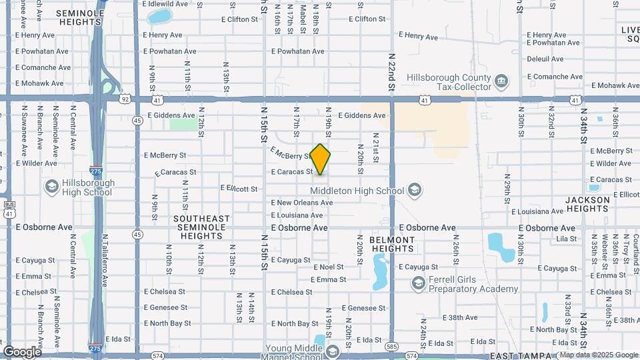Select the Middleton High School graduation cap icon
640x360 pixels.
[415, 191]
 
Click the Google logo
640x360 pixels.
[22, 352]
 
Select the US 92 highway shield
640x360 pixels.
[125, 99]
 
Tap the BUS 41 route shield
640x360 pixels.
[9, 209]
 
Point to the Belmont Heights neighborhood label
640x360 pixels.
[392, 244]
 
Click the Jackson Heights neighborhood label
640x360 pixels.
[587, 204]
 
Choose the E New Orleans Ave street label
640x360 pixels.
[300, 203]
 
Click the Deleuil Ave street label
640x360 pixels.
[545, 59]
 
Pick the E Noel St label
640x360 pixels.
[328, 267]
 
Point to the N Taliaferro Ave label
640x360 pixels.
[105, 260]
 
